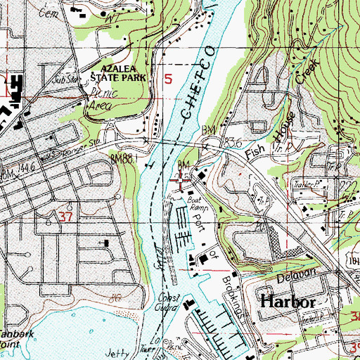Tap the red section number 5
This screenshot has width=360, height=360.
point(168,80)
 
